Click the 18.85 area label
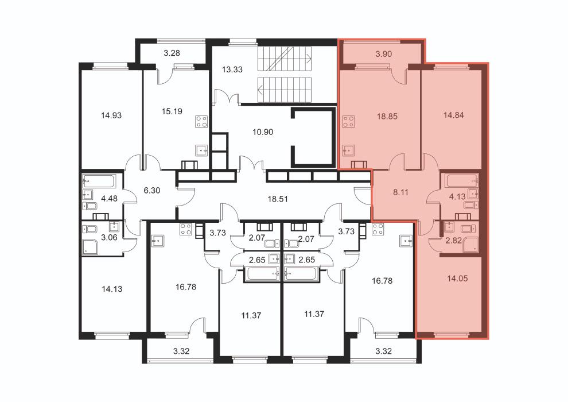point(387,117)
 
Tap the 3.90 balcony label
point(384,54)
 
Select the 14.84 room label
point(453,115)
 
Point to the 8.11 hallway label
point(400,192)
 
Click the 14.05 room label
point(457,279)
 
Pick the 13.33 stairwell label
point(232,69)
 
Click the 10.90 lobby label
point(263,132)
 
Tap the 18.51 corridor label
point(278,199)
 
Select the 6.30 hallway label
point(152,190)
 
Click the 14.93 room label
point(111,115)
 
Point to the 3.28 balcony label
point(172,53)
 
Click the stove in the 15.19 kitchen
point(202,121)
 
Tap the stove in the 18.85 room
point(348,122)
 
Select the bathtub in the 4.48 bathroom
point(99,181)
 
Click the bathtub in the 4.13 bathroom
point(462,180)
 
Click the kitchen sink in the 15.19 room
point(202,150)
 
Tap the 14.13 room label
point(112,289)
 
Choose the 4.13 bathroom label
point(457,197)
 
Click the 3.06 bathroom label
point(109,238)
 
